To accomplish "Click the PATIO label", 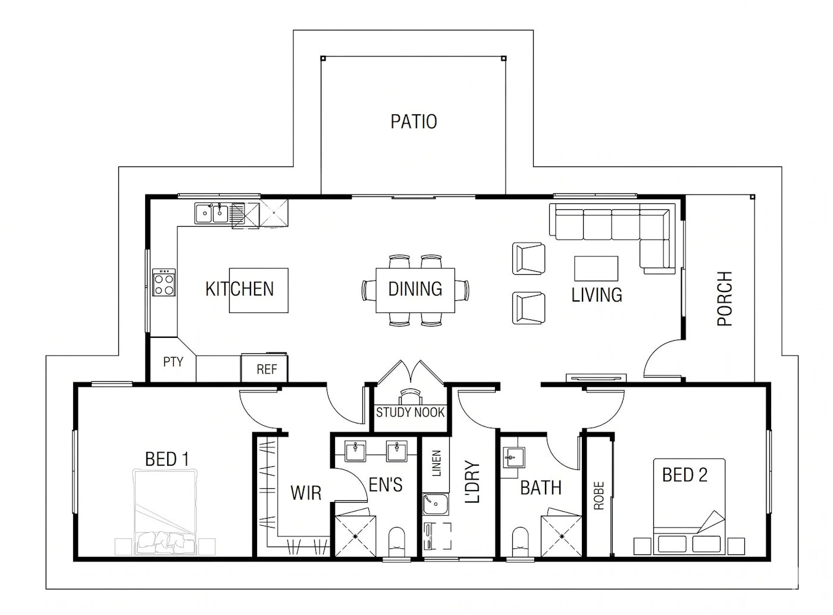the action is pos(414,122).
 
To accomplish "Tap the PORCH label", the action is pos(725,299).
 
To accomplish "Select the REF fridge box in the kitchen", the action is pos(264,368).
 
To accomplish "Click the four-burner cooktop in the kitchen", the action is pos(164,282).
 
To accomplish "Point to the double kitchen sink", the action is pos(211,214).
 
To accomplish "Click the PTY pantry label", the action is pos(173,362).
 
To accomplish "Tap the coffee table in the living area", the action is pos(596,268).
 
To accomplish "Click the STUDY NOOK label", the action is pos(410,413).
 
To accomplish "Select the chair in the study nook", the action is pos(411,397).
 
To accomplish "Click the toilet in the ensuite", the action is pos(397,542).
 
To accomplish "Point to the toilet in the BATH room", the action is pos(521,542).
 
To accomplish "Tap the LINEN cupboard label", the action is pos(436,463).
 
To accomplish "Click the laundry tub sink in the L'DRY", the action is pos(436,504).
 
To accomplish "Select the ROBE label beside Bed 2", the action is pos(599,495).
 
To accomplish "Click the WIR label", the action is pos(306,493).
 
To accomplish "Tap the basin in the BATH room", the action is pos(513,457).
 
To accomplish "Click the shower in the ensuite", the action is pos(355,536).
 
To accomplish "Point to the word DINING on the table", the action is pos(415,289).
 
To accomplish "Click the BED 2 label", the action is pos(685,475).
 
